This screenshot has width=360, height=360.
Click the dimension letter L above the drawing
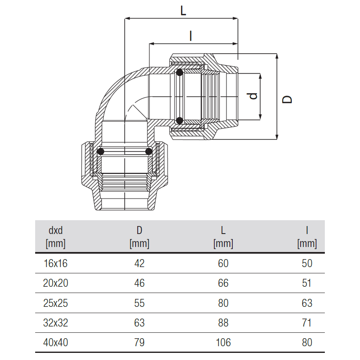point(183,10)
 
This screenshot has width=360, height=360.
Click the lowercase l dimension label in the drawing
point(190,36)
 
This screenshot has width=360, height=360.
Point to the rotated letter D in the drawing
point(287,99)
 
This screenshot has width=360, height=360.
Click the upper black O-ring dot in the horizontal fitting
point(179,73)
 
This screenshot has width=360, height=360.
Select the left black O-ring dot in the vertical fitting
point(100,152)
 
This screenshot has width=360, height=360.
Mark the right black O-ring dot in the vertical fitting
point(149,152)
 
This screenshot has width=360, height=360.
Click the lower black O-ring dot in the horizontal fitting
point(179,121)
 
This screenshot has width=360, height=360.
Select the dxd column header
point(56,237)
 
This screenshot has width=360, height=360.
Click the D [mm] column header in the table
point(139,237)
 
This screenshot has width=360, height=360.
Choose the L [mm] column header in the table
point(223,237)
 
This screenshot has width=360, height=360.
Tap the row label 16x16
point(56,263)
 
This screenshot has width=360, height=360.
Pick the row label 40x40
point(56,342)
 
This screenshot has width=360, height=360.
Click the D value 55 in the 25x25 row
point(139,303)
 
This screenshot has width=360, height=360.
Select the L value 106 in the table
point(223,342)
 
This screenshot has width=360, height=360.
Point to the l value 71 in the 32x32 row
point(307,323)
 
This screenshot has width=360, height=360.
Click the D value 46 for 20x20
point(139,283)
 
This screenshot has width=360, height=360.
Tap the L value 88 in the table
point(223,323)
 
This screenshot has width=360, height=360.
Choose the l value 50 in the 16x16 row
point(307,263)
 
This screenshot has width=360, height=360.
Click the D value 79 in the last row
point(139,342)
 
